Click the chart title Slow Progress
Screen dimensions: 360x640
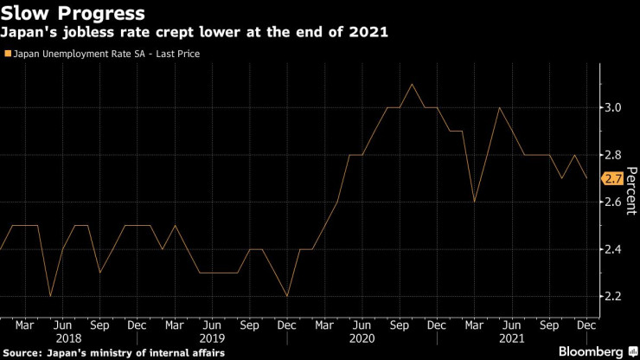(x=73, y=14)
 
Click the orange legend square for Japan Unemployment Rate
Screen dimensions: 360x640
(x=9, y=54)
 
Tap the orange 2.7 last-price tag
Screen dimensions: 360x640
(x=611, y=178)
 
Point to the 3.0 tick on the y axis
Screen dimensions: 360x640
(x=611, y=107)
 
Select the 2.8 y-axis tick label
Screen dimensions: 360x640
(x=611, y=155)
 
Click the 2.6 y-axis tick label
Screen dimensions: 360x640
(x=611, y=202)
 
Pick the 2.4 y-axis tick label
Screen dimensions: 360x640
(x=611, y=249)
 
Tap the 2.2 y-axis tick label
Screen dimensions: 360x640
(x=611, y=296)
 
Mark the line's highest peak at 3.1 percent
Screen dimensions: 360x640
(x=412, y=84)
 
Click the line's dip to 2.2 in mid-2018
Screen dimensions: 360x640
(x=49, y=296)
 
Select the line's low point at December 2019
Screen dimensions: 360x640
(x=286, y=296)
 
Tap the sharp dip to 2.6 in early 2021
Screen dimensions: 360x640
(x=474, y=202)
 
